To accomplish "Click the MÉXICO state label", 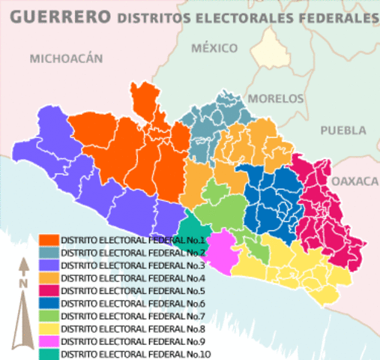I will tap(214, 48).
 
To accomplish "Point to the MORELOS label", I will tap(275, 98).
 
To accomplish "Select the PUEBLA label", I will tap(343, 130).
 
